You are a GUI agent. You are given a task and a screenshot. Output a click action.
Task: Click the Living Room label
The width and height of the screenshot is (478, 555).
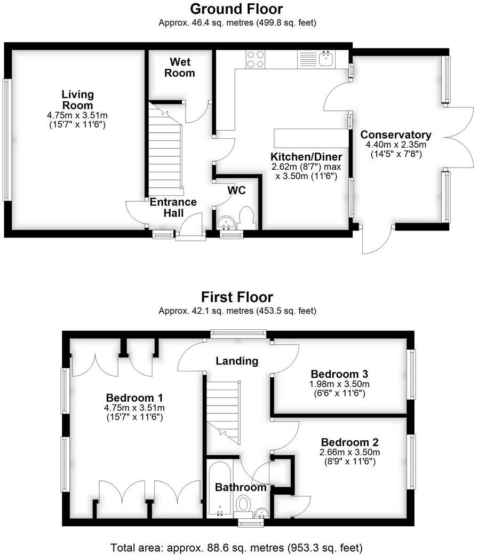[x=77, y=100]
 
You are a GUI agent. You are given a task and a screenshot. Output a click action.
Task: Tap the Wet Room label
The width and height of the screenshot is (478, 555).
[x=179, y=68]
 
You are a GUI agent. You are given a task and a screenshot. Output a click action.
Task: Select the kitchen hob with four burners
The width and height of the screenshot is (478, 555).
[x=256, y=59]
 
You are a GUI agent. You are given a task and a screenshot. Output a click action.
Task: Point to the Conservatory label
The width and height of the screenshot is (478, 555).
[x=395, y=134]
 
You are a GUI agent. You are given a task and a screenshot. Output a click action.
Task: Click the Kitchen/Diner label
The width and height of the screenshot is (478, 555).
[x=306, y=157]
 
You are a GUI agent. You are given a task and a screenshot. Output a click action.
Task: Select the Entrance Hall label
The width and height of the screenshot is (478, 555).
[x=173, y=207]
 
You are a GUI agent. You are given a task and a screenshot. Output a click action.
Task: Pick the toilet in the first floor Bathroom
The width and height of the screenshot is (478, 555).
[x=243, y=505]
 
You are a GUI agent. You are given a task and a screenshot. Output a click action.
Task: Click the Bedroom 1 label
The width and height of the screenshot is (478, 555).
[x=134, y=398]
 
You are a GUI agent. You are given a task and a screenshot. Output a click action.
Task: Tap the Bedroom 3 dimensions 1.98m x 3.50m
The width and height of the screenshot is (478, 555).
[x=340, y=384]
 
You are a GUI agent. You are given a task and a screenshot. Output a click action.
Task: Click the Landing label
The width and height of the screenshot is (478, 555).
[x=236, y=361]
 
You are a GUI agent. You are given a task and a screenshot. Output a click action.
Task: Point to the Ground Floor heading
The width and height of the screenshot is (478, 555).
[x=236, y=9]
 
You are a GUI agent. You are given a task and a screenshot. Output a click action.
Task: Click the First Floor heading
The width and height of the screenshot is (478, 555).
[x=236, y=297]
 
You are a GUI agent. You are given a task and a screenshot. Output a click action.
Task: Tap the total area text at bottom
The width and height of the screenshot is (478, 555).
[x=236, y=548]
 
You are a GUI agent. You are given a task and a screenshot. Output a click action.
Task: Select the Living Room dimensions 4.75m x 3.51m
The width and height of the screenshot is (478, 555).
[x=77, y=115]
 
